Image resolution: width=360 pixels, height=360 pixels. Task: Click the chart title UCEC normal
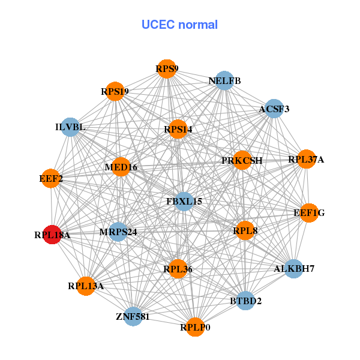coord(179,25)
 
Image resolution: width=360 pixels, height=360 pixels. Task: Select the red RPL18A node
coord(53,235)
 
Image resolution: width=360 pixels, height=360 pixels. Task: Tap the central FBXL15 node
coord(184,202)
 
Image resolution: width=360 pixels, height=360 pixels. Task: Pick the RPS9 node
coord(167,69)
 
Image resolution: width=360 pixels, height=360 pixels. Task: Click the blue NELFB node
coord(224,80)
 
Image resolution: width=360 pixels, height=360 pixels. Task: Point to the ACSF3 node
coord(274,109)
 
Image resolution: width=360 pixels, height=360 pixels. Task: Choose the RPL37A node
coord(306,159)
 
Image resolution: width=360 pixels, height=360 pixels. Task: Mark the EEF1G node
coord(309,213)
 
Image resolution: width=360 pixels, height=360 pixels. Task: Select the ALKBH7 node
coord(293,268)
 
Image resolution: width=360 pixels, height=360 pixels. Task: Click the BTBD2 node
coord(245,301)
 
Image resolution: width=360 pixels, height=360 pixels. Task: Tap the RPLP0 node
coord(195,327)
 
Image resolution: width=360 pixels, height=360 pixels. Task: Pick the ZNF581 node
coord(133,316)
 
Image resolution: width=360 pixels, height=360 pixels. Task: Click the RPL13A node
coord(86,286)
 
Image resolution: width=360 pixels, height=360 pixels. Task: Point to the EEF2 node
coord(50,178)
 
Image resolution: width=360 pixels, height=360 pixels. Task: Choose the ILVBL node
coord(70,127)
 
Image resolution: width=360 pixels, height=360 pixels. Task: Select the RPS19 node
coord(115,92)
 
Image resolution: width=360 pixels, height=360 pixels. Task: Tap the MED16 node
coord(121,167)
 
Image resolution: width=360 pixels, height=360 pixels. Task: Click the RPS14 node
coord(178,129)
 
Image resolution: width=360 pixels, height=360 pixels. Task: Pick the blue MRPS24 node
coord(118,232)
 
